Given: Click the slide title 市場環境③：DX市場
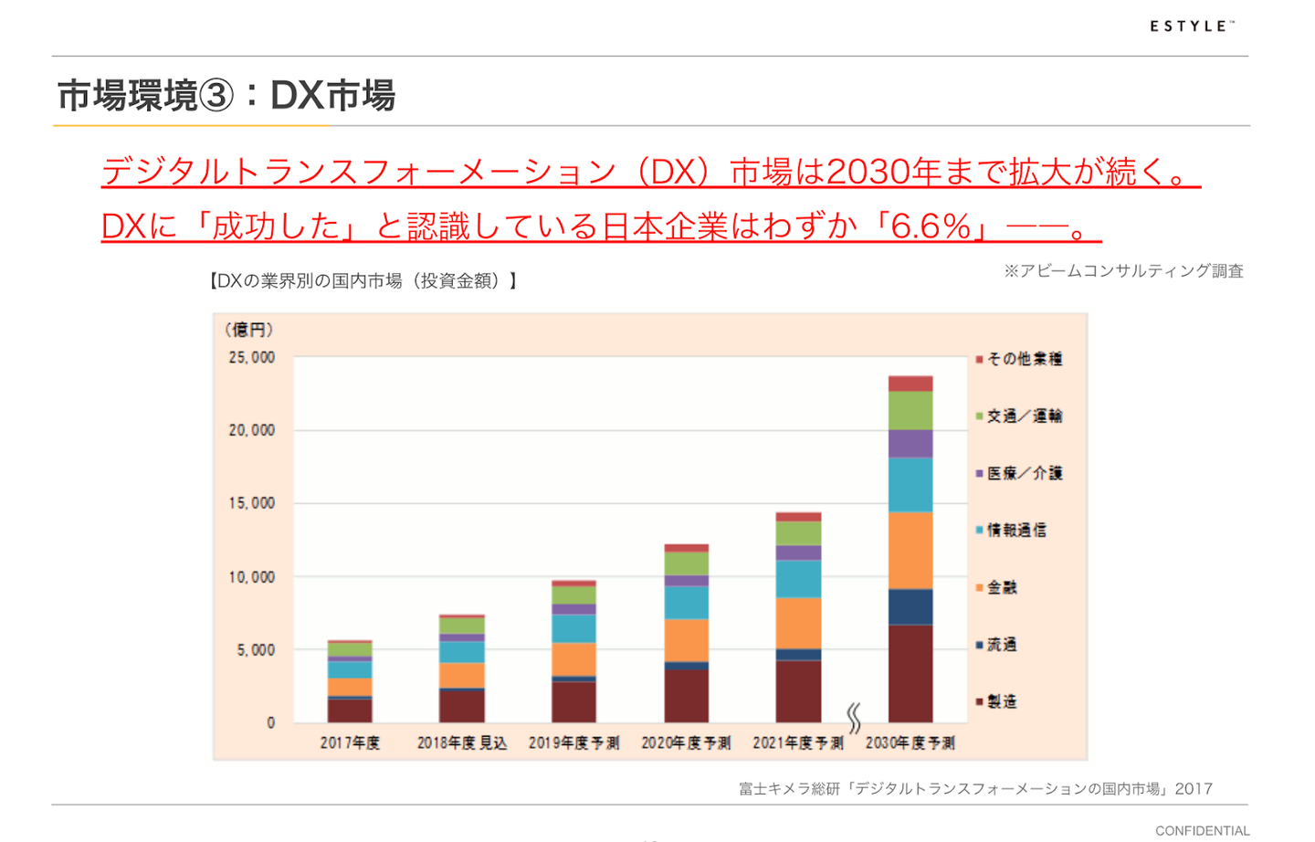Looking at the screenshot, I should (x=226, y=95).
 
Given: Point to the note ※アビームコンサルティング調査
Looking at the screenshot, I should (x=1123, y=271).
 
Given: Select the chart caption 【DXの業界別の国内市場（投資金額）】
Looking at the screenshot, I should (x=363, y=281).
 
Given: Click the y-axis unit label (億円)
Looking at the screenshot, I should (x=248, y=330).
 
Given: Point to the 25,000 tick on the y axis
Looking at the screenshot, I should (x=251, y=357).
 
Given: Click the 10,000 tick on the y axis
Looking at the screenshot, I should (x=251, y=577).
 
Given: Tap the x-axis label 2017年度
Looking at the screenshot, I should (x=350, y=743).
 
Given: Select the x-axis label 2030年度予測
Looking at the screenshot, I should (x=910, y=743).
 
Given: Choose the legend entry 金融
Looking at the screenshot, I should (x=1001, y=587).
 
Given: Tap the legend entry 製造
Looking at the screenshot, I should (x=1001, y=701).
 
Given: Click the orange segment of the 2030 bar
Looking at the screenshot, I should (x=910, y=550).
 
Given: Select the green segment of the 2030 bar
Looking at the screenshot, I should (x=910, y=410).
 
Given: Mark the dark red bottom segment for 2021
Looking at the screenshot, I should (x=798, y=690).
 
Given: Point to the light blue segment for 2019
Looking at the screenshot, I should (x=573, y=628).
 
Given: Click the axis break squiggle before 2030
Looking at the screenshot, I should (x=854, y=719).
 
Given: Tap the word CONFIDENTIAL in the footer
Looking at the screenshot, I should (x=1202, y=830).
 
